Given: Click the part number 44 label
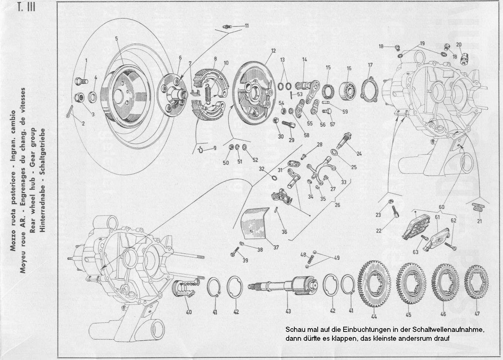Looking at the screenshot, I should click(374, 316).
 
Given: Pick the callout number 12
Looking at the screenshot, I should click(273, 51).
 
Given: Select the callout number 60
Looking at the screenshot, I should click(441, 207).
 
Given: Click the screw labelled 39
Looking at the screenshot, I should click(235, 254).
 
